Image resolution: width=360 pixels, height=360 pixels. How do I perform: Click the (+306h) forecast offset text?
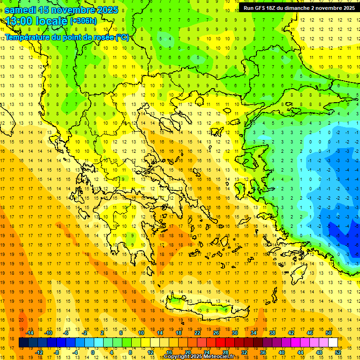pyautogui.click(x=83, y=21)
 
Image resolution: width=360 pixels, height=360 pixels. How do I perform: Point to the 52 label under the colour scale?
pyautogui.click(x=338, y=352)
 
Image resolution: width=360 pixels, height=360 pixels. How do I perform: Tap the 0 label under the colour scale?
pyautogui.click(x=93, y=352)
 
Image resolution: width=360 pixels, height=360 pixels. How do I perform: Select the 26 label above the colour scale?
pyautogui.click(x=216, y=333)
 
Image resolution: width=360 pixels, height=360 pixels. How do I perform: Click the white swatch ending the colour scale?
pyautogui.click(x=333, y=343)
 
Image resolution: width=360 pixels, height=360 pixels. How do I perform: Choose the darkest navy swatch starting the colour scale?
pyautogui.click(x=23, y=343)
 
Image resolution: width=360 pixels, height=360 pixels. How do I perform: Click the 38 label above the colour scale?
pyautogui.click(x=272, y=333)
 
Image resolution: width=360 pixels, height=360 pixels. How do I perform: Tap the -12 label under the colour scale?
pyautogui.click(x=39, y=352)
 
